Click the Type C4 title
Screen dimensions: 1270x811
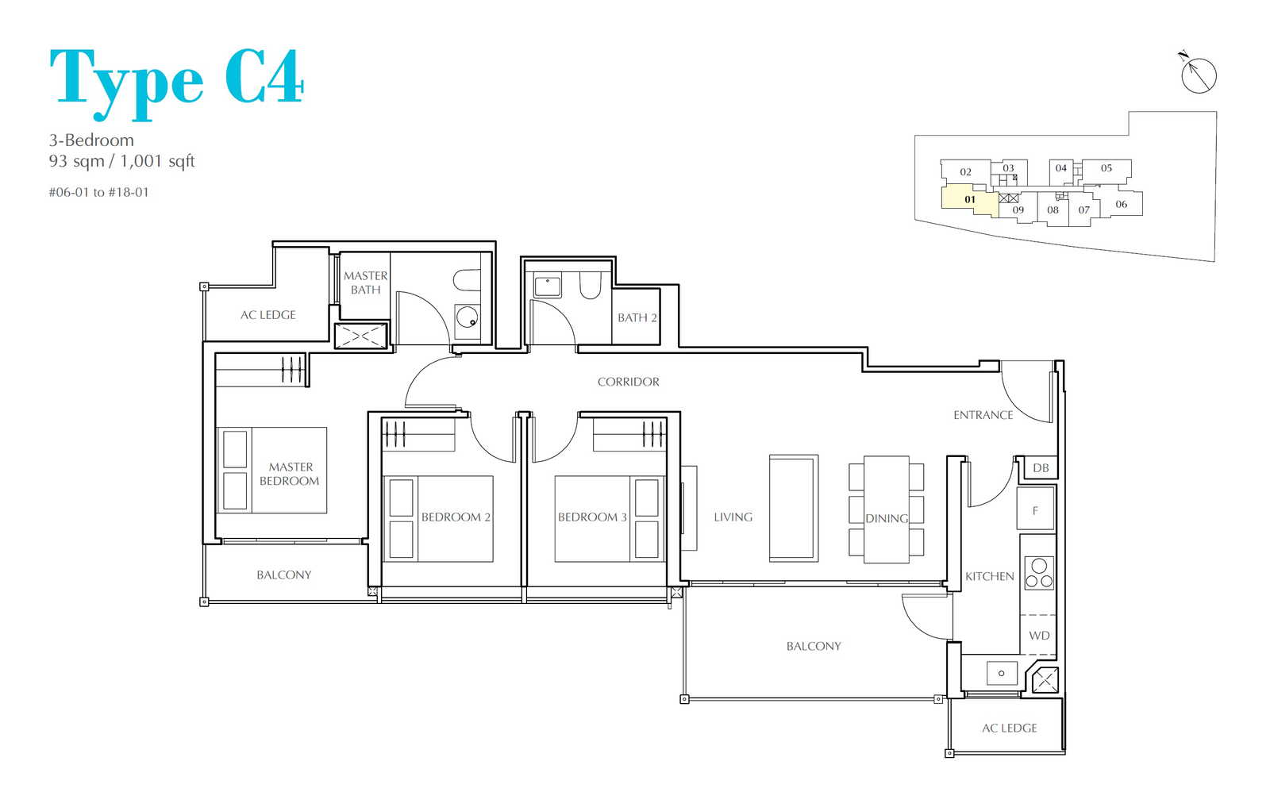tap(176, 83)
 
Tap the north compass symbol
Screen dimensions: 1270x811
tap(1198, 74)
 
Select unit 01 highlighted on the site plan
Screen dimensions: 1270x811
tap(969, 200)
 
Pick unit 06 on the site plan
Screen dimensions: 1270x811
tap(1121, 204)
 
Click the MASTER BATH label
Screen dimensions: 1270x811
tap(366, 283)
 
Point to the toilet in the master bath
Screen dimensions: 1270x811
tap(468, 280)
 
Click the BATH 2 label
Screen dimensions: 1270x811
tap(637, 318)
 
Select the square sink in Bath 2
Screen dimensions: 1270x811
tap(547, 286)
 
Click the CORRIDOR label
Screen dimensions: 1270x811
tap(628, 382)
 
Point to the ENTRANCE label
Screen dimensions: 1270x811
tap(983, 415)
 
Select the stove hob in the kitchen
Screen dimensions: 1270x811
tap(1039, 573)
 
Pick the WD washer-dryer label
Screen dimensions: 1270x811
tap(1039, 636)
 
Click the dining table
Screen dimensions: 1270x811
tap(886, 509)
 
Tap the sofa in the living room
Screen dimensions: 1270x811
tap(793, 509)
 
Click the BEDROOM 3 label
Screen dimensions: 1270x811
tap(592, 517)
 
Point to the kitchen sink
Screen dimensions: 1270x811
tap(1001, 673)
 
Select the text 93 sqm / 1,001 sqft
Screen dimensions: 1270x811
tap(122, 162)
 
